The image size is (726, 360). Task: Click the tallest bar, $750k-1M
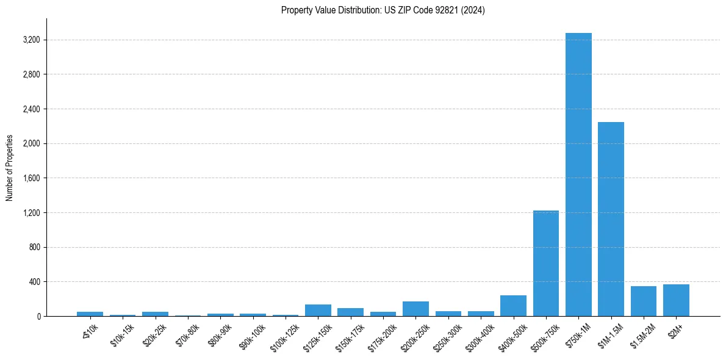(x=578, y=177)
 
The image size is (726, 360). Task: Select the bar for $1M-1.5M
(x=611, y=220)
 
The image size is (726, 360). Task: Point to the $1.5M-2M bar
(x=644, y=301)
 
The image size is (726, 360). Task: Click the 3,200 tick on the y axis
(x=31, y=40)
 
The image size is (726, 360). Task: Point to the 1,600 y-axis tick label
(x=31, y=178)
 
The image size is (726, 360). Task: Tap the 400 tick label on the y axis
(x=34, y=282)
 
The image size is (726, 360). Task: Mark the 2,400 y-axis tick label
(x=31, y=109)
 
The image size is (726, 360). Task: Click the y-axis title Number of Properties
(x=10, y=168)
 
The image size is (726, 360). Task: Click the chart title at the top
(x=383, y=10)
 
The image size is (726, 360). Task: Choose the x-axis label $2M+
(x=675, y=329)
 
